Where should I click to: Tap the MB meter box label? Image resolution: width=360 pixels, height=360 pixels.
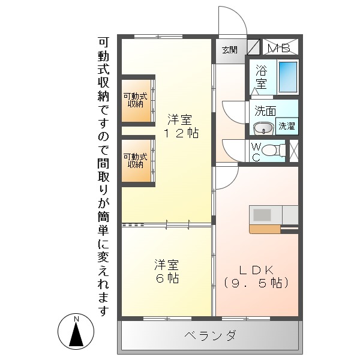pyautogui.click(x=278, y=48)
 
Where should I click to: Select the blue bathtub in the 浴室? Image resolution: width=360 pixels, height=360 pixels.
pyautogui.click(x=289, y=76)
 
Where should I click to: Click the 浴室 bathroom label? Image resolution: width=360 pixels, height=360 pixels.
pyautogui.click(x=262, y=76)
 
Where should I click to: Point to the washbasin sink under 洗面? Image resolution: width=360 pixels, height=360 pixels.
pyautogui.click(x=263, y=128)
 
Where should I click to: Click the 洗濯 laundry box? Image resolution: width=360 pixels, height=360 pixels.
pyautogui.click(x=286, y=126)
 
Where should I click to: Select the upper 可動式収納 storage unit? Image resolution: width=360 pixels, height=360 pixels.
pyautogui.click(x=136, y=100)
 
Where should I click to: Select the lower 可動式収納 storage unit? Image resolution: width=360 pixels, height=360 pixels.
pyautogui.click(x=136, y=160)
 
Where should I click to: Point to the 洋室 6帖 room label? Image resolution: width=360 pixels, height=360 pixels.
pyautogui.click(x=166, y=271)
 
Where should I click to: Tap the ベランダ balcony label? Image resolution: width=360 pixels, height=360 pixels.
pyautogui.click(x=210, y=335)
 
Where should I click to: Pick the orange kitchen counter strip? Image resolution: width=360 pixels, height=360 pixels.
pyautogui.click(x=265, y=229)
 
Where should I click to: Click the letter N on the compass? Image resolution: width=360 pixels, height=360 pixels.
pyautogui.click(x=76, y=319)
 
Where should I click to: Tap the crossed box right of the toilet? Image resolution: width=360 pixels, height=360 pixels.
pyautogui.click(x=294, y=150)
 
